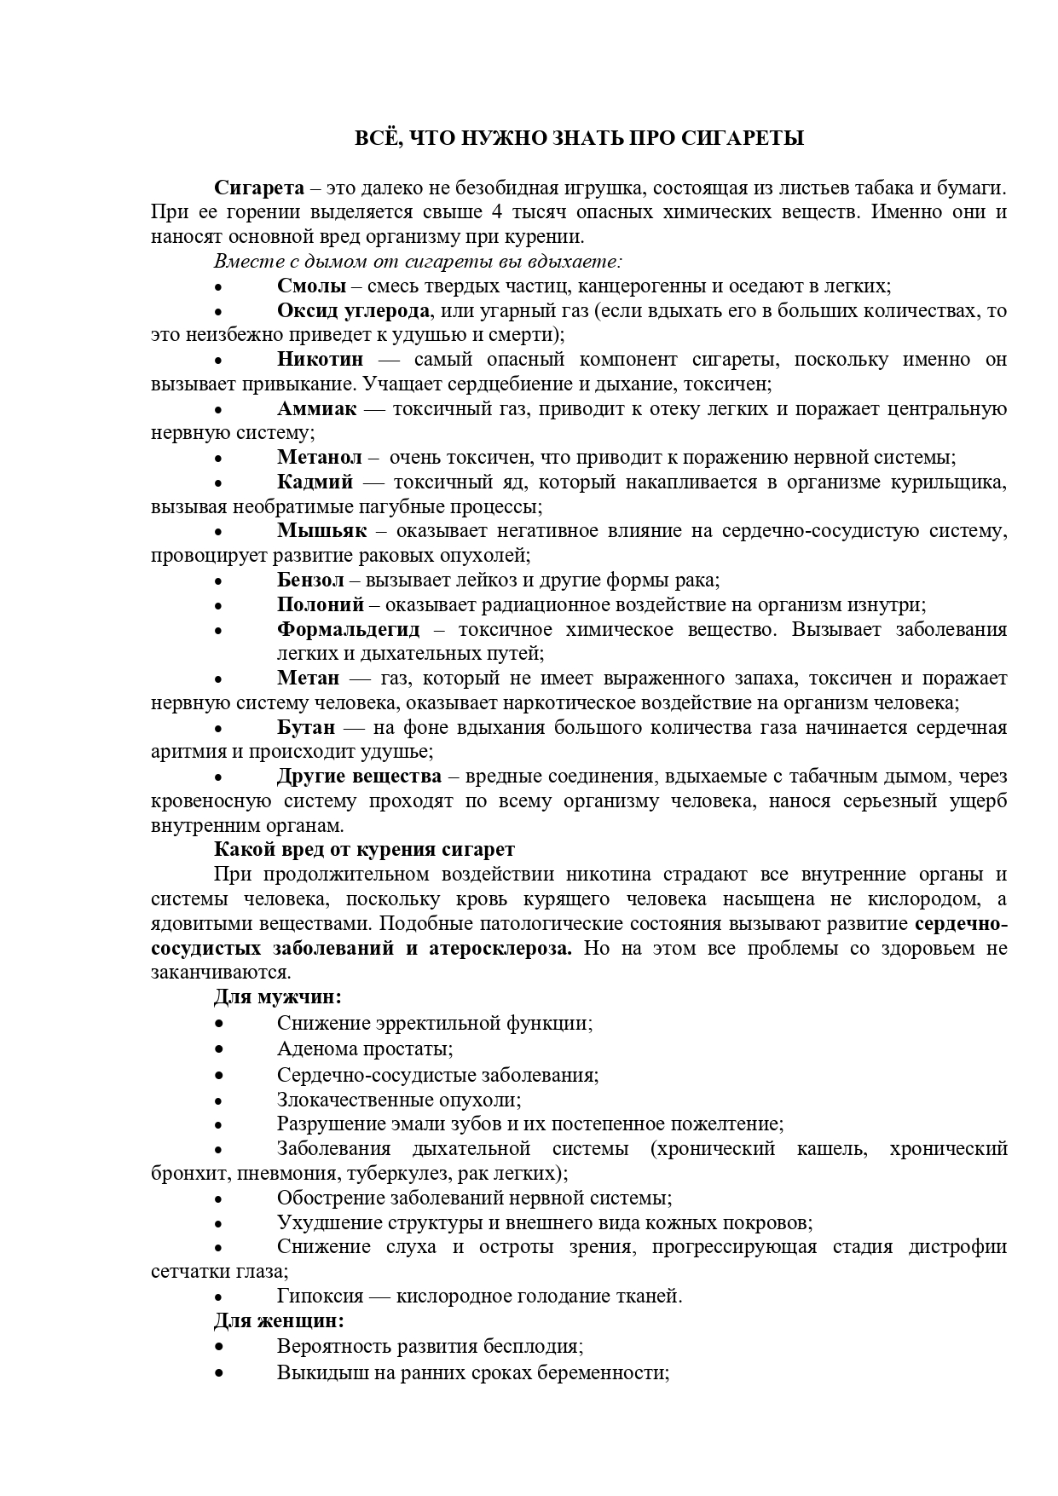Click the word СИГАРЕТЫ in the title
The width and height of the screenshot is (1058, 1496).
pos(743,138)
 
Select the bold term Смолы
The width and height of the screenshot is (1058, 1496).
pos(311,286)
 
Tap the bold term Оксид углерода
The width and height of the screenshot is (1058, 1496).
pos(353,310)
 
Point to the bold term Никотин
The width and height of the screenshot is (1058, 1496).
pos(320,359)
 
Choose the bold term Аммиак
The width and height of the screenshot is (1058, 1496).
pos(316,408)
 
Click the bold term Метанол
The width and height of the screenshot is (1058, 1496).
pos(319,458)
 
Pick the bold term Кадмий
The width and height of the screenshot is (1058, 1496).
pos(315,482)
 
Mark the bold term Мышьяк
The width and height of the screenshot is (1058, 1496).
pos(321,531)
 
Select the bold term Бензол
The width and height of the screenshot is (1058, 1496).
pos(310,580)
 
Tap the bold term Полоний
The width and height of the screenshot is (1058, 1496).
pos(321,605)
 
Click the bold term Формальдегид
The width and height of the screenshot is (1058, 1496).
pos(348,630)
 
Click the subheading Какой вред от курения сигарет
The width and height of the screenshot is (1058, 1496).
pos(364,850)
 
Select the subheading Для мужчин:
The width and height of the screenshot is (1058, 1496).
pos(277,996)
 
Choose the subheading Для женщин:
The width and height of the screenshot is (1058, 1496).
pos(279,1320)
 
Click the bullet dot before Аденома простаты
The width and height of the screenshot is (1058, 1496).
pos(219,1049)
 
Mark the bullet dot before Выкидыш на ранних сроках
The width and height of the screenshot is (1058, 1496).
pos(219,1373)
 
